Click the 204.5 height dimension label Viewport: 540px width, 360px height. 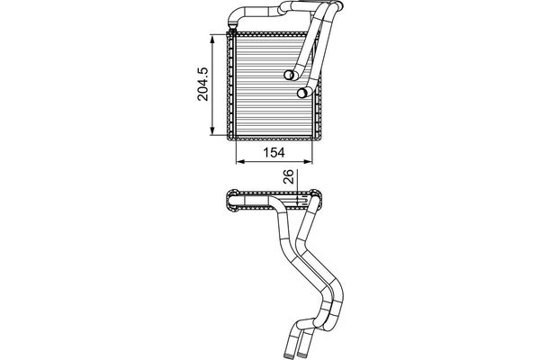tap(202, 84)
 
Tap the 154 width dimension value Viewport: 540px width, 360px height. tap(274, 152)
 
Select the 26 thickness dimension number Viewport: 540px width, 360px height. tap(289, 176)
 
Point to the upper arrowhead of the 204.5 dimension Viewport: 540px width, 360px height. tap(212, 39)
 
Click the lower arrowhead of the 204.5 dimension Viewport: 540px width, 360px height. tap(212, 130)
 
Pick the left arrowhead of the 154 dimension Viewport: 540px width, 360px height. tap(240, 162)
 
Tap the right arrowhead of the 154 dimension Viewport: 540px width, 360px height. tap(308, 162)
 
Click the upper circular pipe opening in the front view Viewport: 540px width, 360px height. tap(289, 75)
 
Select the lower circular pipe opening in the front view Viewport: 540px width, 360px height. tap(302, 93)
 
